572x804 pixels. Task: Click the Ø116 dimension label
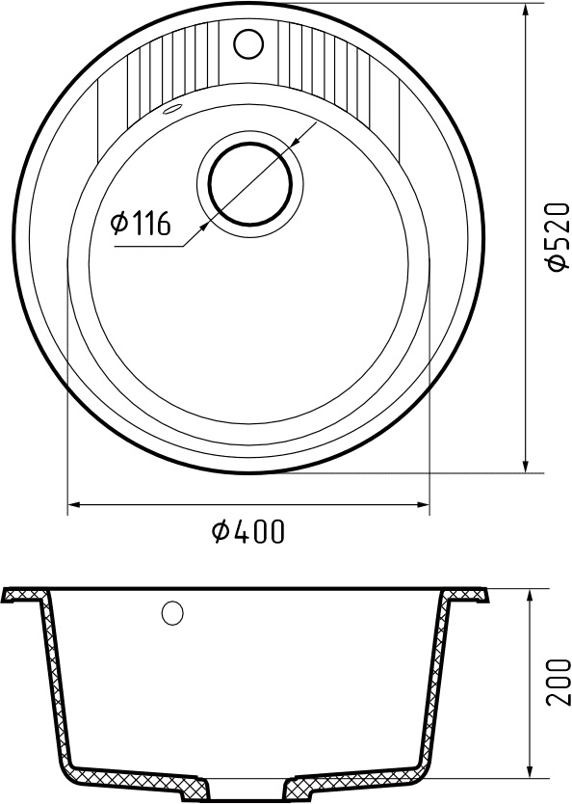[x=142, y=225]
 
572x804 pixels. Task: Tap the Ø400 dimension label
[x=247, y=531]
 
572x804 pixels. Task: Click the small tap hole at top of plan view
[x=248, y=41]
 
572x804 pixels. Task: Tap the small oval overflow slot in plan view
[x=173, y=110]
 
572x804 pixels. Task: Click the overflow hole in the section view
[x=173, y=612]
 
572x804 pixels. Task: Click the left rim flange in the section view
[x=25, y=594]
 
